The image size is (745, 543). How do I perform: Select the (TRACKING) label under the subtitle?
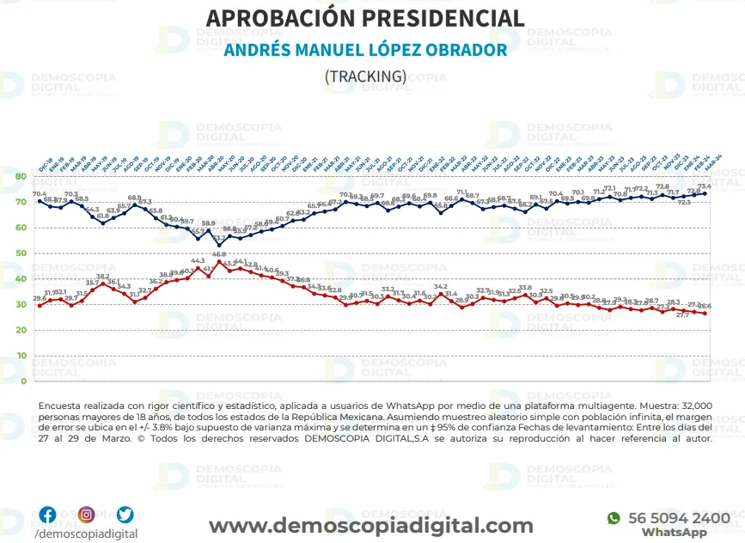click(365, 76)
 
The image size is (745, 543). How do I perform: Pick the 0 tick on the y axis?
click(23, 381)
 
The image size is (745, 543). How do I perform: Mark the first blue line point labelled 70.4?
click(40, 201)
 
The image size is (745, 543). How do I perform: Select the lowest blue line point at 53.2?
click(219, 245)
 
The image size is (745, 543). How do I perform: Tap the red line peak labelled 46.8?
click(219, 261)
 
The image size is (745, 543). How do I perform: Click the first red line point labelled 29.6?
click(40, 305)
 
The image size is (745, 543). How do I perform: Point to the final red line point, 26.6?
click(705, 313)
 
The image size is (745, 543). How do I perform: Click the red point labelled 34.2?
click(441, 294)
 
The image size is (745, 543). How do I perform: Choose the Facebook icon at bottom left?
click(47, 515)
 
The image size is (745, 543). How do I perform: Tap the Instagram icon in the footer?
click(86, 515)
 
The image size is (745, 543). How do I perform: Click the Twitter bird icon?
click(125, 515)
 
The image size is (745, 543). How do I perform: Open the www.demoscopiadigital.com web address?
click(371, 525)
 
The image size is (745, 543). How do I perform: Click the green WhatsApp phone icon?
click(614, 518)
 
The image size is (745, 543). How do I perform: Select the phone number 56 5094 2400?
click(679, 518)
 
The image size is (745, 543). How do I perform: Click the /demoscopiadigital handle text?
click(85, 534)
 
